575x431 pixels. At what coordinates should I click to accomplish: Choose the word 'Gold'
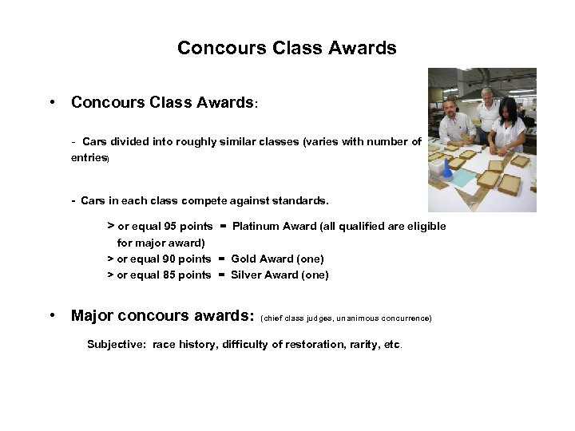click(244, 259)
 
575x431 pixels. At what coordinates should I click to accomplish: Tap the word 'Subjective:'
click(117, 345)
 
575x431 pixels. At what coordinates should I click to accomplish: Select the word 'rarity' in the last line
click(361, 345)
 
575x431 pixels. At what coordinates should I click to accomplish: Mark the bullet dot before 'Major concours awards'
click(51, 315)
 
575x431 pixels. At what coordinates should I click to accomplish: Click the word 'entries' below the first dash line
click(89, 158)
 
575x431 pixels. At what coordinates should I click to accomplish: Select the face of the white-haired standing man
click(488, 97)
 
